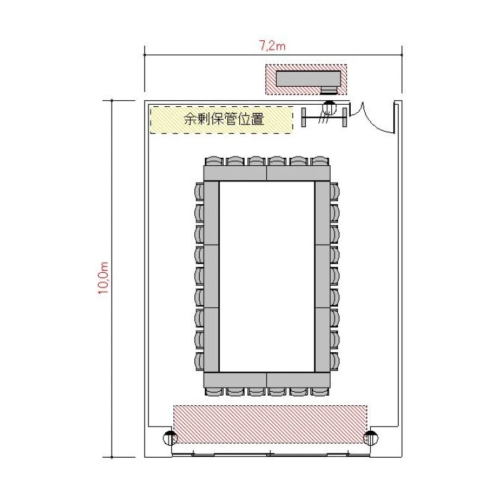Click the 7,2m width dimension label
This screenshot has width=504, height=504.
pos(272,46)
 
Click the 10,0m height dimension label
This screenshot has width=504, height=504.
pos(103,278)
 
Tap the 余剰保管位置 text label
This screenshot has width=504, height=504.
pos(224,119)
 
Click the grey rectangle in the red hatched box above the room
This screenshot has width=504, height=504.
pos(308,79)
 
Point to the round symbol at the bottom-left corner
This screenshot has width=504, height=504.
pos(170,437)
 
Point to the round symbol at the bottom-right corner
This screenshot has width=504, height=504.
pos(370,437)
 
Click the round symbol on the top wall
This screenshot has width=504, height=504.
pos(329,107)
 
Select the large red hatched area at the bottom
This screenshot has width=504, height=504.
pos(270,424)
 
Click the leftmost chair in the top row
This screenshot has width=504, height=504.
pos(214,161)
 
